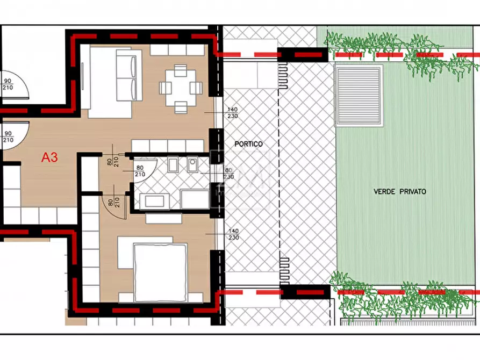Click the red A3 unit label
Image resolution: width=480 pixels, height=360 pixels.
50,158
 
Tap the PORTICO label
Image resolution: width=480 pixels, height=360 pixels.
248,145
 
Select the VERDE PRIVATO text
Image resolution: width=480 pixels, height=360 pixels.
400,191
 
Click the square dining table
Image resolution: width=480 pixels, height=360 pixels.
177,87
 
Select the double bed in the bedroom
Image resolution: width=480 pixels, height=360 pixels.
160,272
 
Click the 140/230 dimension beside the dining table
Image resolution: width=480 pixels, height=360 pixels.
233,113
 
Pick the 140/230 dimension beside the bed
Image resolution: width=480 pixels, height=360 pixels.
233,234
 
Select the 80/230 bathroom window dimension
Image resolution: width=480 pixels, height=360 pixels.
228,173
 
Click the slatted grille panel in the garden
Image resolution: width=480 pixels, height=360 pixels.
359,96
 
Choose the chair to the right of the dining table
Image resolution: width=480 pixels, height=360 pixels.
196,87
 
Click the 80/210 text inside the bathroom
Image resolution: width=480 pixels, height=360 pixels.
140,171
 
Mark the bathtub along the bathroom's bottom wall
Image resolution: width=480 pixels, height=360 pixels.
156,201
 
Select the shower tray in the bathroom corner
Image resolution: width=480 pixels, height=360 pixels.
195,199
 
